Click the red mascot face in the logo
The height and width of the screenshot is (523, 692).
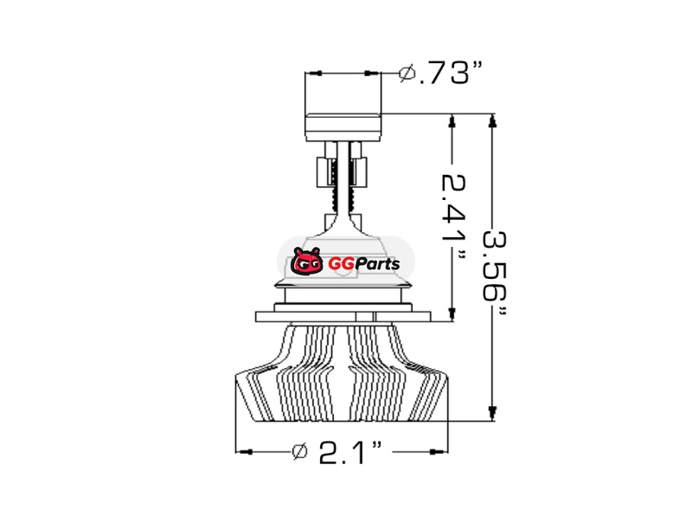(x=307, y=262)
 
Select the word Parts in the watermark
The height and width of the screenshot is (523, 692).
(x=377, y=264)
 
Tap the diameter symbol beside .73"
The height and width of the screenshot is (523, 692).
(x=407, y=73)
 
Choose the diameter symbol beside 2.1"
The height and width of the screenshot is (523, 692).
(x=300, y=451)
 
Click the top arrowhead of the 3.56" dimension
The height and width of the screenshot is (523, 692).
(x=492, y=120)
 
